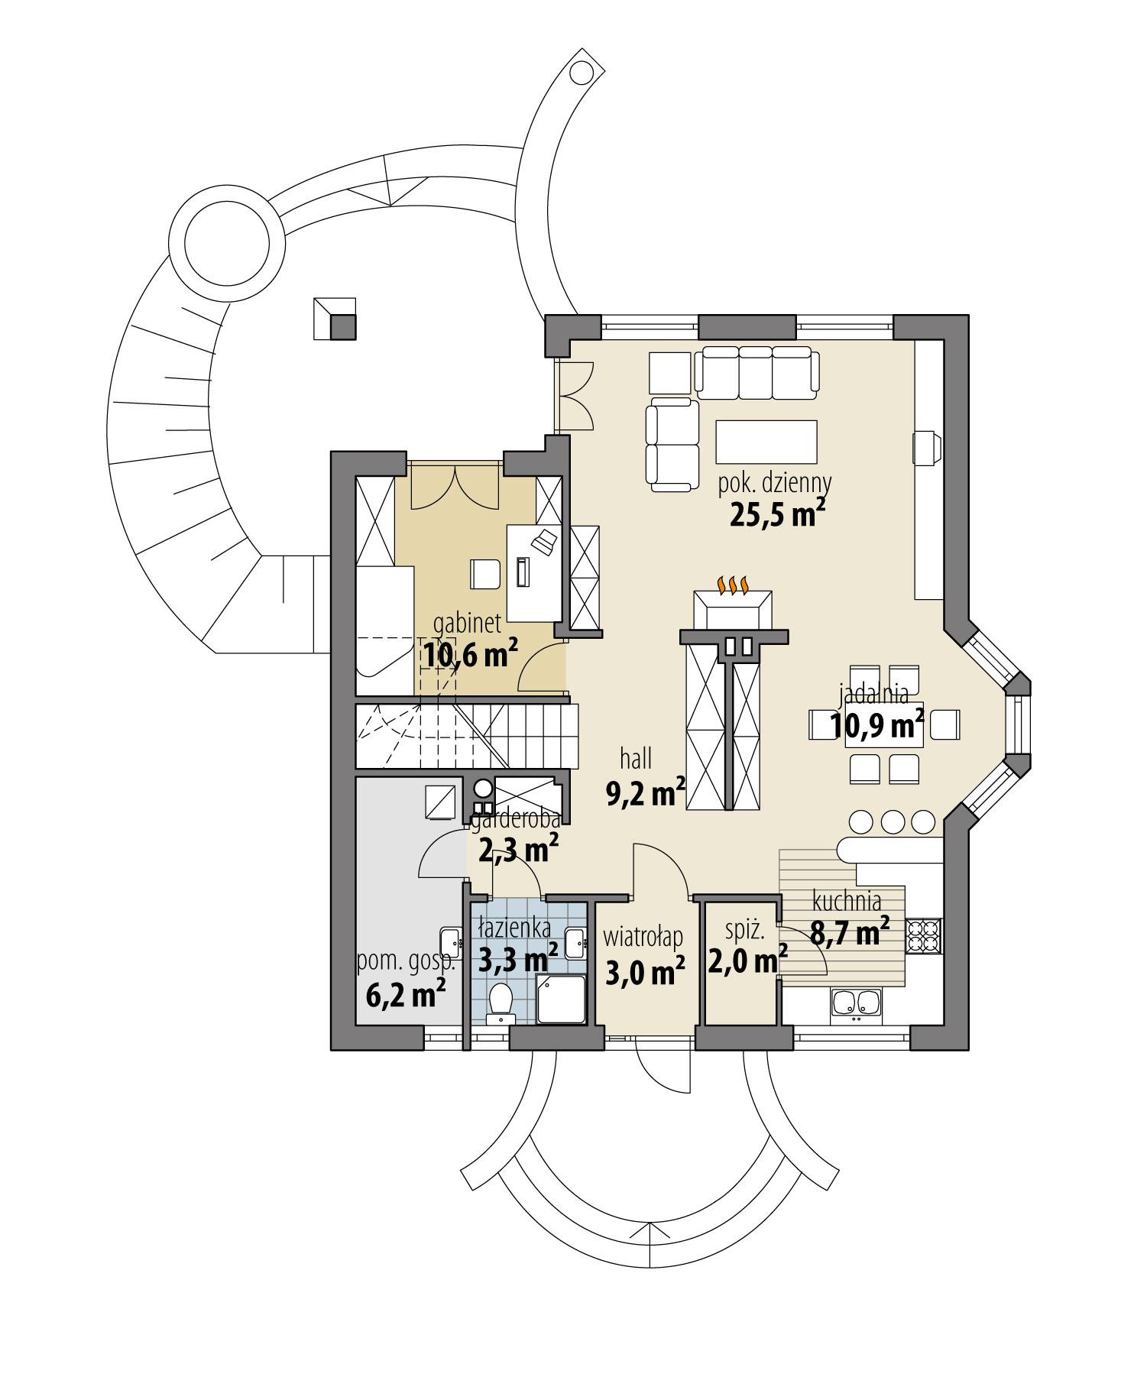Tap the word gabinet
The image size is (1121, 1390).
coord(467,623)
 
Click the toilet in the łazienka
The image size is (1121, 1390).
coord(501,1000)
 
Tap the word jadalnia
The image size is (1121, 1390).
coord(873,694)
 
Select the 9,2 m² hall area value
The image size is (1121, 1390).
coord(645,794)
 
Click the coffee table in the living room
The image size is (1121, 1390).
coord(766,441)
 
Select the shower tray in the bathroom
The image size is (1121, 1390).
coord(562,999)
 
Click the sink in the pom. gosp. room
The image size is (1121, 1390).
coord(451,944)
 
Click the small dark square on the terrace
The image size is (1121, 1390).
coord(342,327)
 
